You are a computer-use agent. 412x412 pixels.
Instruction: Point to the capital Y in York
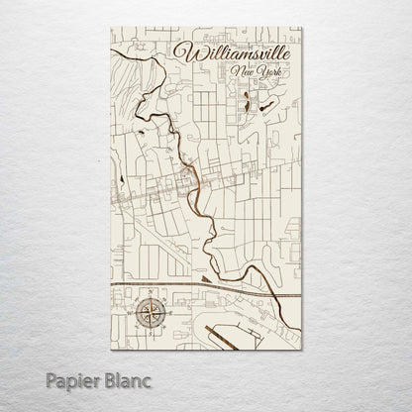(x=254, y=73)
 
